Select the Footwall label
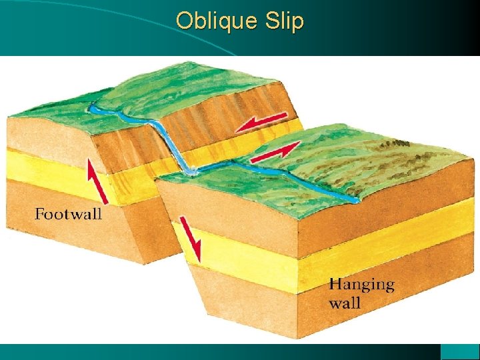tap(68, 214)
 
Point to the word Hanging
tap(361, 285)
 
